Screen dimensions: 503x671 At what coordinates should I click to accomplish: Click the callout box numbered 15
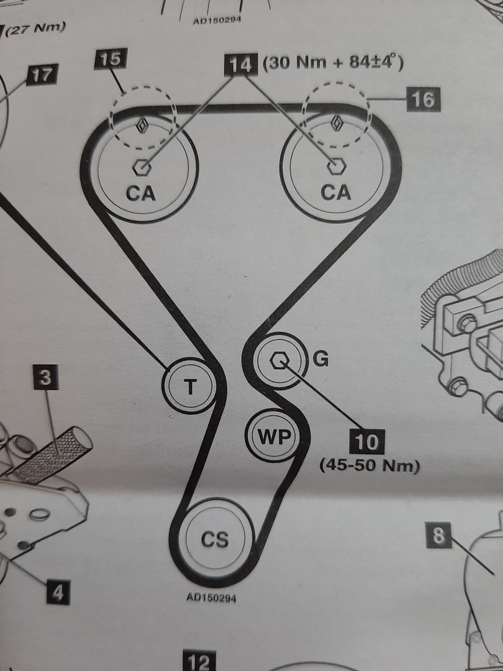tap(111, 61)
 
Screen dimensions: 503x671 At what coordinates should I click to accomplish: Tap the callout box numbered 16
tap(423, 99)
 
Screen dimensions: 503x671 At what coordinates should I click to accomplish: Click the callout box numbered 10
tap(366, 442)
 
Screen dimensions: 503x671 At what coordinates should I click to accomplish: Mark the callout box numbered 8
tap(439, 536)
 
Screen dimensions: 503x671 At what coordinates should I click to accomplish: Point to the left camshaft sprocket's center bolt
tap(142, 167)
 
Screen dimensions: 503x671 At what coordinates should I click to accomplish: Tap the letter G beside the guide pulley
tap(319, 359)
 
